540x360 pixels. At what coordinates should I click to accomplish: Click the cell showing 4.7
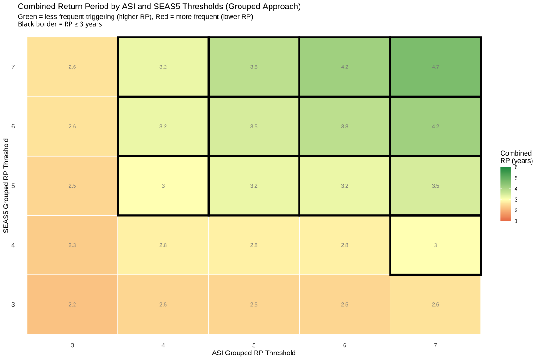pos(435,67)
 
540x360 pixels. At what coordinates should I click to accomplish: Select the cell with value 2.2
pos(72,305)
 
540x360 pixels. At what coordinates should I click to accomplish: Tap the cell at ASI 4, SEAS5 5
pos(163,186)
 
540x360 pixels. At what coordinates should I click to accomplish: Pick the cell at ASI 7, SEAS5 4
pos(435,245)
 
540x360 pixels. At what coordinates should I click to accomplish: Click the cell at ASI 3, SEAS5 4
pos(72,245)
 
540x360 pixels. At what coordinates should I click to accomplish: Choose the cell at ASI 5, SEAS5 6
pos(254,127)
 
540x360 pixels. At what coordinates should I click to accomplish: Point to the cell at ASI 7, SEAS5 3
pos(435,305)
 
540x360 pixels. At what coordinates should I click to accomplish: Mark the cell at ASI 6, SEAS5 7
pos(345,67)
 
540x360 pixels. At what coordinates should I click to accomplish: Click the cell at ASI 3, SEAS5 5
pos(72,186)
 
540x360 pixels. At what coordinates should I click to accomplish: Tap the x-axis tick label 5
pos(254,345)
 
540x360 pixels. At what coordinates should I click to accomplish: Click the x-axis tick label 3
pos(72,345)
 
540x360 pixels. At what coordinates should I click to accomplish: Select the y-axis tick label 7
pos(13,67)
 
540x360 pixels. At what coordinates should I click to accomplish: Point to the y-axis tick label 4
pos(13,245)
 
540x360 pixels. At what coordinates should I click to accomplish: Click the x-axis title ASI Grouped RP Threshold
pos(254,353)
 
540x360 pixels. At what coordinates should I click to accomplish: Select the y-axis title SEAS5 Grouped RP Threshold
pos(6,186)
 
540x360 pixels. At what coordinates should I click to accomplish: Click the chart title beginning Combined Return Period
pos(159,7)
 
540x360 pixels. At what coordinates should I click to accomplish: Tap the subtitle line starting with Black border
pos(60,24)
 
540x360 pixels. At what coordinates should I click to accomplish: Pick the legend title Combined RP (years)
pos(517,157)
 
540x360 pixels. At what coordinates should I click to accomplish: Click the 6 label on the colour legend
pos(516,167)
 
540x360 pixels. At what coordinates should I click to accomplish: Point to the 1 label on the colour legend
pos(516,221)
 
